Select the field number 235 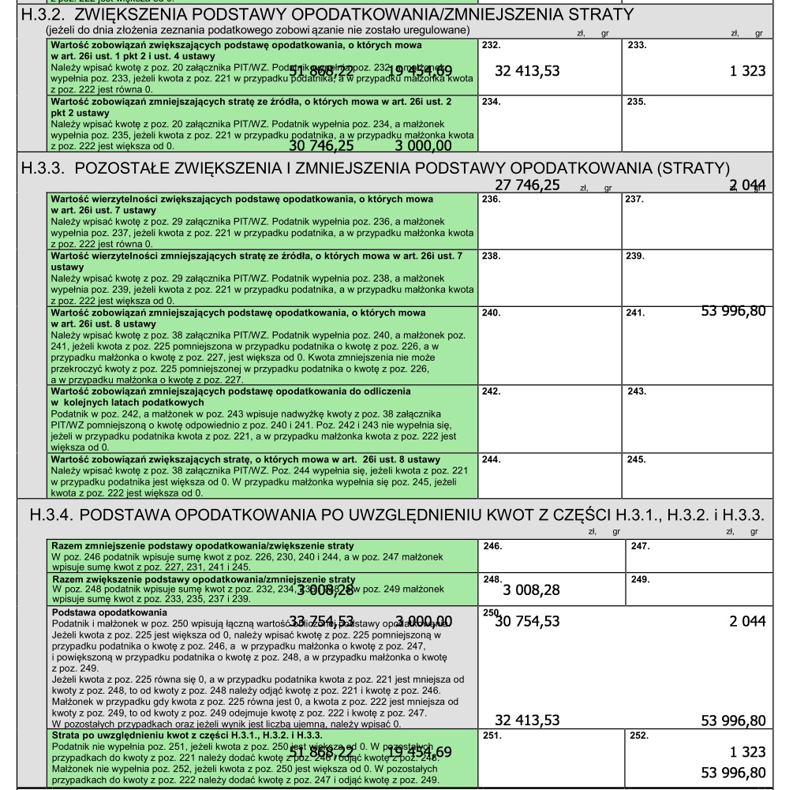[636, 102]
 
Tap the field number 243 [637, 391]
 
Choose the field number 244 [490, 459]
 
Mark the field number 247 [637, 545]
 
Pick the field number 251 [490, 735]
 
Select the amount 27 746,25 [527, 185]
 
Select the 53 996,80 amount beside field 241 [733, 311]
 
